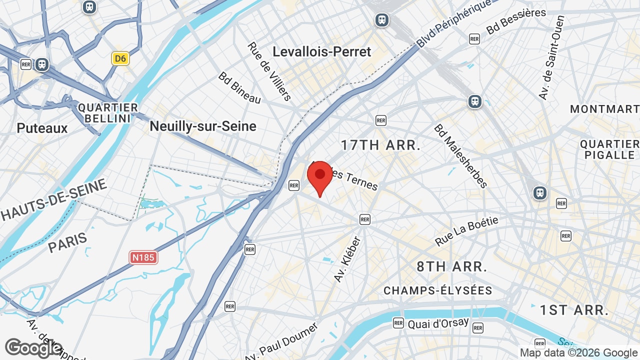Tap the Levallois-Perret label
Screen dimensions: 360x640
click(322, 51)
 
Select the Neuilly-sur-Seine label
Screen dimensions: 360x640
click(203, 126)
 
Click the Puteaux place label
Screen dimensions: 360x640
click(42, 128)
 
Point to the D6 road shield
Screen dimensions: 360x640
click(120, 58)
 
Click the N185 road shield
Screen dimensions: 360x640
click(143, 257)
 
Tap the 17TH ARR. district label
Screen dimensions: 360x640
click(380, 145)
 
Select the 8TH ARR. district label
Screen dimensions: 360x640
click(452, 266)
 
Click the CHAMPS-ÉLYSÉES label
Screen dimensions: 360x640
click(438, 290)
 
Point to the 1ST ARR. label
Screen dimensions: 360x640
click(574, 310)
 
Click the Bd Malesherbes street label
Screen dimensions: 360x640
click(460, 156)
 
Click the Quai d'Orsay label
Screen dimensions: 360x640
click(438, 323)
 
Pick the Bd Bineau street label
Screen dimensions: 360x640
click(239, 88)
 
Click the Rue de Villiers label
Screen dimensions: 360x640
click(269, 71)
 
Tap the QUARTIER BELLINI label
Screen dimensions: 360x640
click(108, 113)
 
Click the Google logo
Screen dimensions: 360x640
click(33, 348)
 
